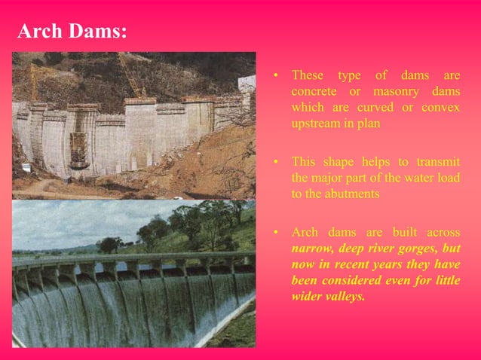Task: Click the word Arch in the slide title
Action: click(38, 32)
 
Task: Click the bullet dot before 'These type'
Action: click(276, 76)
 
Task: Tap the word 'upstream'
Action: click(316, 123)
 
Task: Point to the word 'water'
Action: click(416, 178)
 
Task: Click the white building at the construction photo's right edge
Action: click(247, 84)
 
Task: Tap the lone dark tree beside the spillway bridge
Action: click(110, 245)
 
